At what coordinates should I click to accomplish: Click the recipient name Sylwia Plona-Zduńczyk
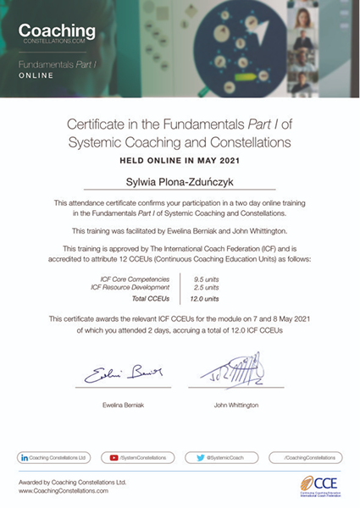pos(180,180)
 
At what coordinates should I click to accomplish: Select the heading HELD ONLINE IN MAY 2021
pos(180,158)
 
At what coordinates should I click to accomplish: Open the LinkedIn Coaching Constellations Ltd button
pos(55,456)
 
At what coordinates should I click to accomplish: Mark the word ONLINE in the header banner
pos(36,75)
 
